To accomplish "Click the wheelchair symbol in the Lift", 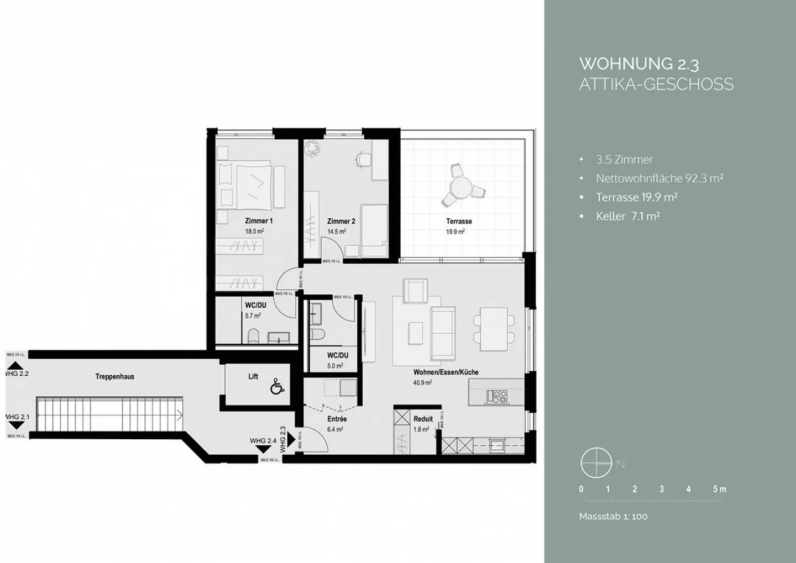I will (277, 388).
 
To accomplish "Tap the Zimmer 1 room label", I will (259, 221).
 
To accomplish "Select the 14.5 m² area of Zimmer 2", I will (337, 232).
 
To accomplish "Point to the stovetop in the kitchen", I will (496, 396).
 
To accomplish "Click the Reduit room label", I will (423, 419).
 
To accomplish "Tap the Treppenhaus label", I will (115, 377).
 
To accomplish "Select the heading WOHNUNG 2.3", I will (638, 64).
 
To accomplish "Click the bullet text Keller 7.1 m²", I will (627, 216).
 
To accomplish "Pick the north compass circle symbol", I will (596, 464).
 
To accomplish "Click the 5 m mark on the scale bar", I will (719, 490).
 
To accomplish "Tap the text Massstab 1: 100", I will (613, 517).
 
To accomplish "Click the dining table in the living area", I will (494, 329).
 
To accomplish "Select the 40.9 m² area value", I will (422, 382).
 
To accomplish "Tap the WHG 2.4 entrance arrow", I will (264, 450).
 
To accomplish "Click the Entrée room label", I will (337, 419).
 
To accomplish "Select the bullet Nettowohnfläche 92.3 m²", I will (659, 178).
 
